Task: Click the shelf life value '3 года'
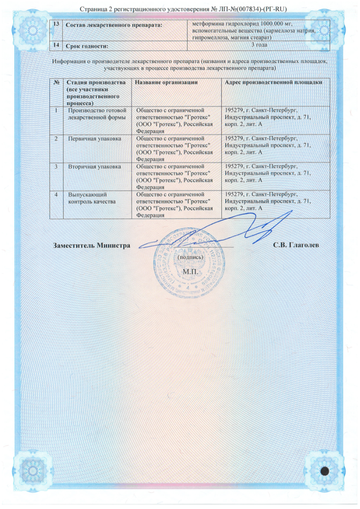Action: pos(258,45)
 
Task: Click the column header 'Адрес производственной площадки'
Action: pos(274,82)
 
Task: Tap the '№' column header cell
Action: pos(57,82)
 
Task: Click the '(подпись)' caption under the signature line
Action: pos(188,257)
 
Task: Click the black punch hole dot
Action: pos(325,470)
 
